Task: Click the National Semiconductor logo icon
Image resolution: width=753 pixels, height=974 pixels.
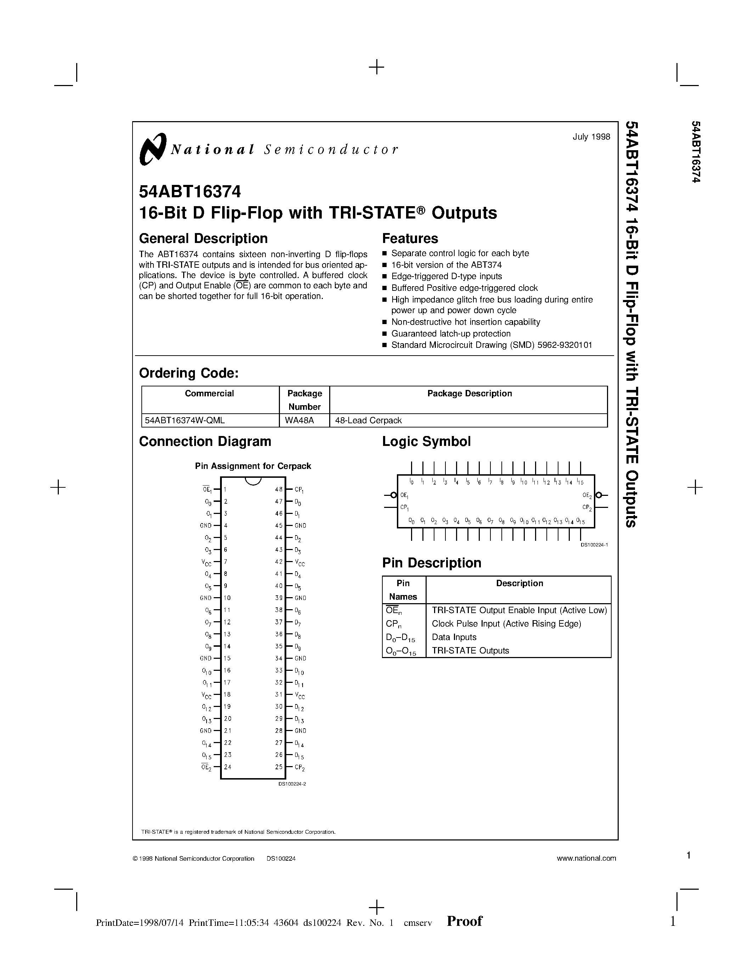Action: (153, 149)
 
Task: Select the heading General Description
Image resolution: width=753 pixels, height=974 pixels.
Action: (203, 239)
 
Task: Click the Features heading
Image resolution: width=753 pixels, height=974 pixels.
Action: (410, 239)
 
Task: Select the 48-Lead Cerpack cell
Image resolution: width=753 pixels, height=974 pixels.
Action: (368, 420)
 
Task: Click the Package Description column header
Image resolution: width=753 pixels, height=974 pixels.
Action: (469, 393)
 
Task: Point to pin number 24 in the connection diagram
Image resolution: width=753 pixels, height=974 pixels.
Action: (227, 767)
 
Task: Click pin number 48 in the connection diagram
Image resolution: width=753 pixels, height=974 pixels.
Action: (279, 489)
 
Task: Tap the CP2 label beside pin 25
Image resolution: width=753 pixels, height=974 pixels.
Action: (299, 768)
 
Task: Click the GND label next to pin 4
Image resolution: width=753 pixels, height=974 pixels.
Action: (206, 525)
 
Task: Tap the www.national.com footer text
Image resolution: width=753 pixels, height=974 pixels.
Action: (586, 858)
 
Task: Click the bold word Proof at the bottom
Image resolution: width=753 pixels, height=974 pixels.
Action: (465, 921)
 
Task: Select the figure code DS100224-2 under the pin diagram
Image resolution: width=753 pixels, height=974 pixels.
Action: (292, 783)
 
